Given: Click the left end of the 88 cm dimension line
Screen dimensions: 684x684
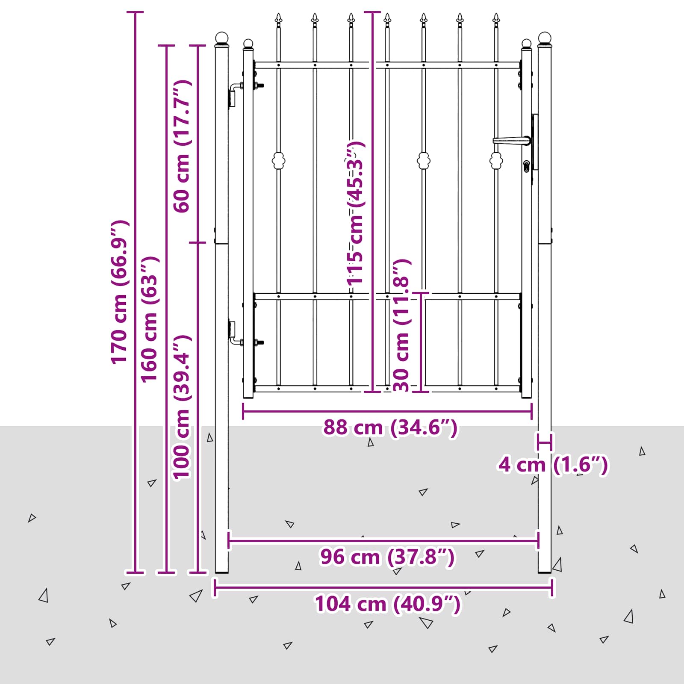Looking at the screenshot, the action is click(243, 412).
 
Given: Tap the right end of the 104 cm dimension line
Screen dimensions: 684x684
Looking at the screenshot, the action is click(553, 587).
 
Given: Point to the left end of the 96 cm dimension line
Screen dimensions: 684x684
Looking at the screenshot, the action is click(229, 541).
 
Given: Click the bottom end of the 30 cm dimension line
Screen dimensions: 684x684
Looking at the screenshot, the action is click(421, 391).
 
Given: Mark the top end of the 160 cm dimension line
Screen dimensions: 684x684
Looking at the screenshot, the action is click(166, 45).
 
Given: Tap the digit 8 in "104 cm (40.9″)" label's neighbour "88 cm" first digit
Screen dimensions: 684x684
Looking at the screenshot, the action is click(330, 427).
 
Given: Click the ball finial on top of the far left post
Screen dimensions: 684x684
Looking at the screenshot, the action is click(222, 39).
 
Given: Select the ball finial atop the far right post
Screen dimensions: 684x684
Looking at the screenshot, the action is click(545, 39).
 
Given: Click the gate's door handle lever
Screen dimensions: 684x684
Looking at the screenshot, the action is click(511, 140).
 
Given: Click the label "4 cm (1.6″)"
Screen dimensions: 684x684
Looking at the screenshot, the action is click(553, 465).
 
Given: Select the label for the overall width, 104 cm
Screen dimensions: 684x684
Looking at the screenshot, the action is click(388, 604).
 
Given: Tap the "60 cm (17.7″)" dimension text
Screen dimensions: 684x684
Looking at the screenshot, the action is click(182, 146).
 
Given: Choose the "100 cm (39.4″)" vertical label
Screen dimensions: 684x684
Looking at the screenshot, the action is click(182, 407).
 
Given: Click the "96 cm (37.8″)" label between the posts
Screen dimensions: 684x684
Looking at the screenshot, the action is click(387, 557).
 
